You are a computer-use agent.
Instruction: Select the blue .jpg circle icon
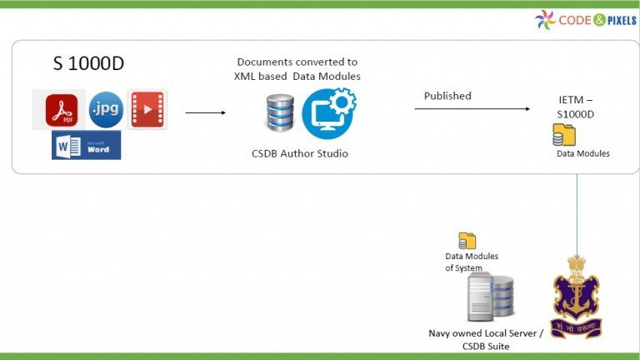click(x=106, y=108)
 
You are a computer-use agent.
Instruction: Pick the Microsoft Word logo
click(x=86, y=145)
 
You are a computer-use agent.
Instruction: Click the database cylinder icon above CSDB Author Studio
click(x=280, y=112)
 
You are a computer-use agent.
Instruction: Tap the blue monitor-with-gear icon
click(x=328, y=112)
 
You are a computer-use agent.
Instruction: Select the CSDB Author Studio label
click(x=299, y=153)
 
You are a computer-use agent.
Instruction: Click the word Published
click(x=447, y=96)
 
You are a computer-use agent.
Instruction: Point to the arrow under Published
click(x=472, y=109)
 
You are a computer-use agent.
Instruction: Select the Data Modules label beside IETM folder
click(x=582, y=153)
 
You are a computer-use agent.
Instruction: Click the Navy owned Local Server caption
click(x=486, y=338)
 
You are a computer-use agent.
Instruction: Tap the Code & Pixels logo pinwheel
click(x=545, y=19)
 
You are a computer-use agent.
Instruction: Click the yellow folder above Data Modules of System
click(x=467, y=241)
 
